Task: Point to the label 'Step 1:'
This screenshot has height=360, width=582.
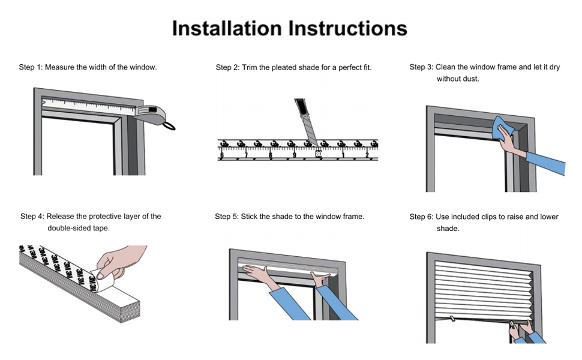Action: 31,67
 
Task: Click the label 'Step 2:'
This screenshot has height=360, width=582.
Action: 227,68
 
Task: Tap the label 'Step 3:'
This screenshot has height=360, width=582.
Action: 421,67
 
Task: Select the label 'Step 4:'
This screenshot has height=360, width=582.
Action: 32,217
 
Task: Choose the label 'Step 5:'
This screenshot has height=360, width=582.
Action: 227,217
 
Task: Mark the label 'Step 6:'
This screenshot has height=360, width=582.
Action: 421,217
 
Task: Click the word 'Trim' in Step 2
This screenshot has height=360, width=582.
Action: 250,68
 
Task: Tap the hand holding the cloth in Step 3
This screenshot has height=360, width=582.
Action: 511,143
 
